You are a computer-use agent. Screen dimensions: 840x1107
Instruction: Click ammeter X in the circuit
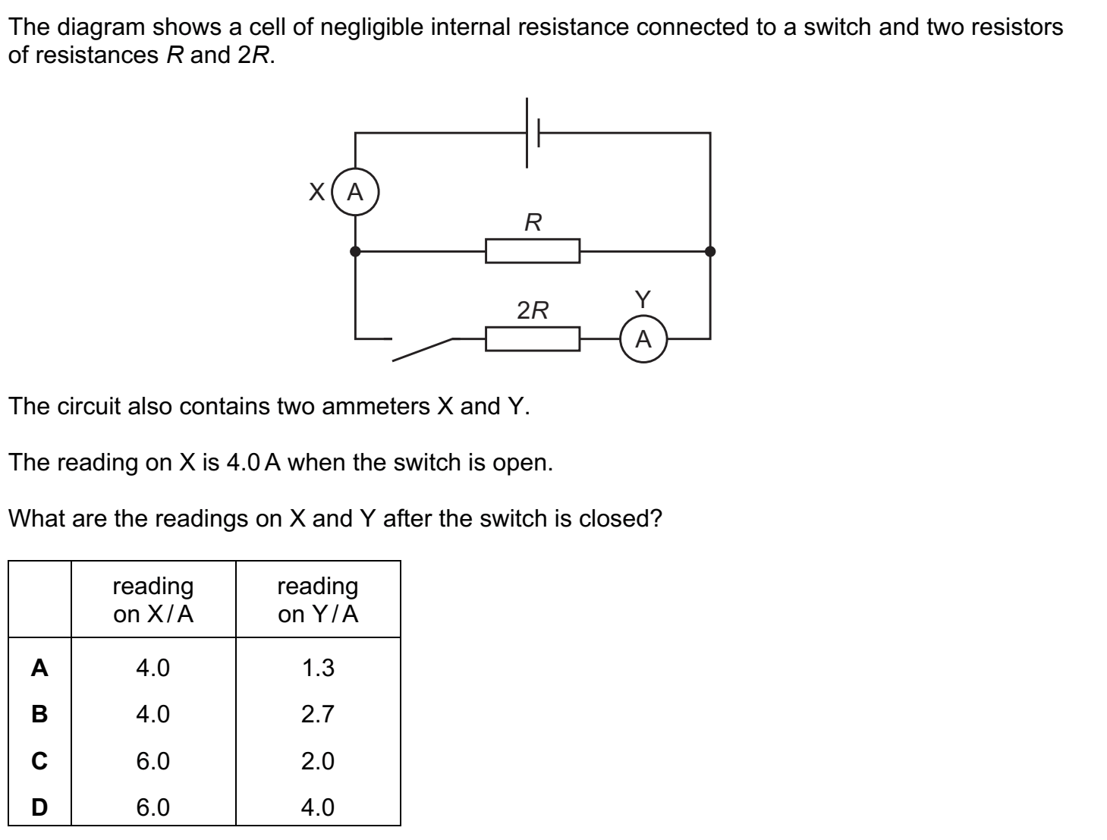click(355, 193)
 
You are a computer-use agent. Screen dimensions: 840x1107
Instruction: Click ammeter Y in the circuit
click(643, 339)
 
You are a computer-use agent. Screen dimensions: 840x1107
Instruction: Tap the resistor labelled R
click(533, 251)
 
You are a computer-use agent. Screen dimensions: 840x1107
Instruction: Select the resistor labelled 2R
click(533, 339)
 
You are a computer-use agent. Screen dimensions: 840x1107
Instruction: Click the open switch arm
click(422, 350)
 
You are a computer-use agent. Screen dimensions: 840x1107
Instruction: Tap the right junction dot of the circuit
click(710, 251)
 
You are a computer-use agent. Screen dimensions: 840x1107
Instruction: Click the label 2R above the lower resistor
click(533, 310)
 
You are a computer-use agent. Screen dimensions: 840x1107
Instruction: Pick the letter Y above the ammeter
click(643, 300)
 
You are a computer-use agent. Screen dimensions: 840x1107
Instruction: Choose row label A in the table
click(39, 668)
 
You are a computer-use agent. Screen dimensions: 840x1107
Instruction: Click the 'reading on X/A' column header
click(153, 599)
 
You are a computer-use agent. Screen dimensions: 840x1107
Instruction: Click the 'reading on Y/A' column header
click(318, 599)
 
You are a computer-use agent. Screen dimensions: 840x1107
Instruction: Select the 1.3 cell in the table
click(318, 668)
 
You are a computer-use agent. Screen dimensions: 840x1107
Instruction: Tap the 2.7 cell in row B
click(318, 714)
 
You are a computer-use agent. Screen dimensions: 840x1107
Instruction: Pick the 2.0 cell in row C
click(318, 761)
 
